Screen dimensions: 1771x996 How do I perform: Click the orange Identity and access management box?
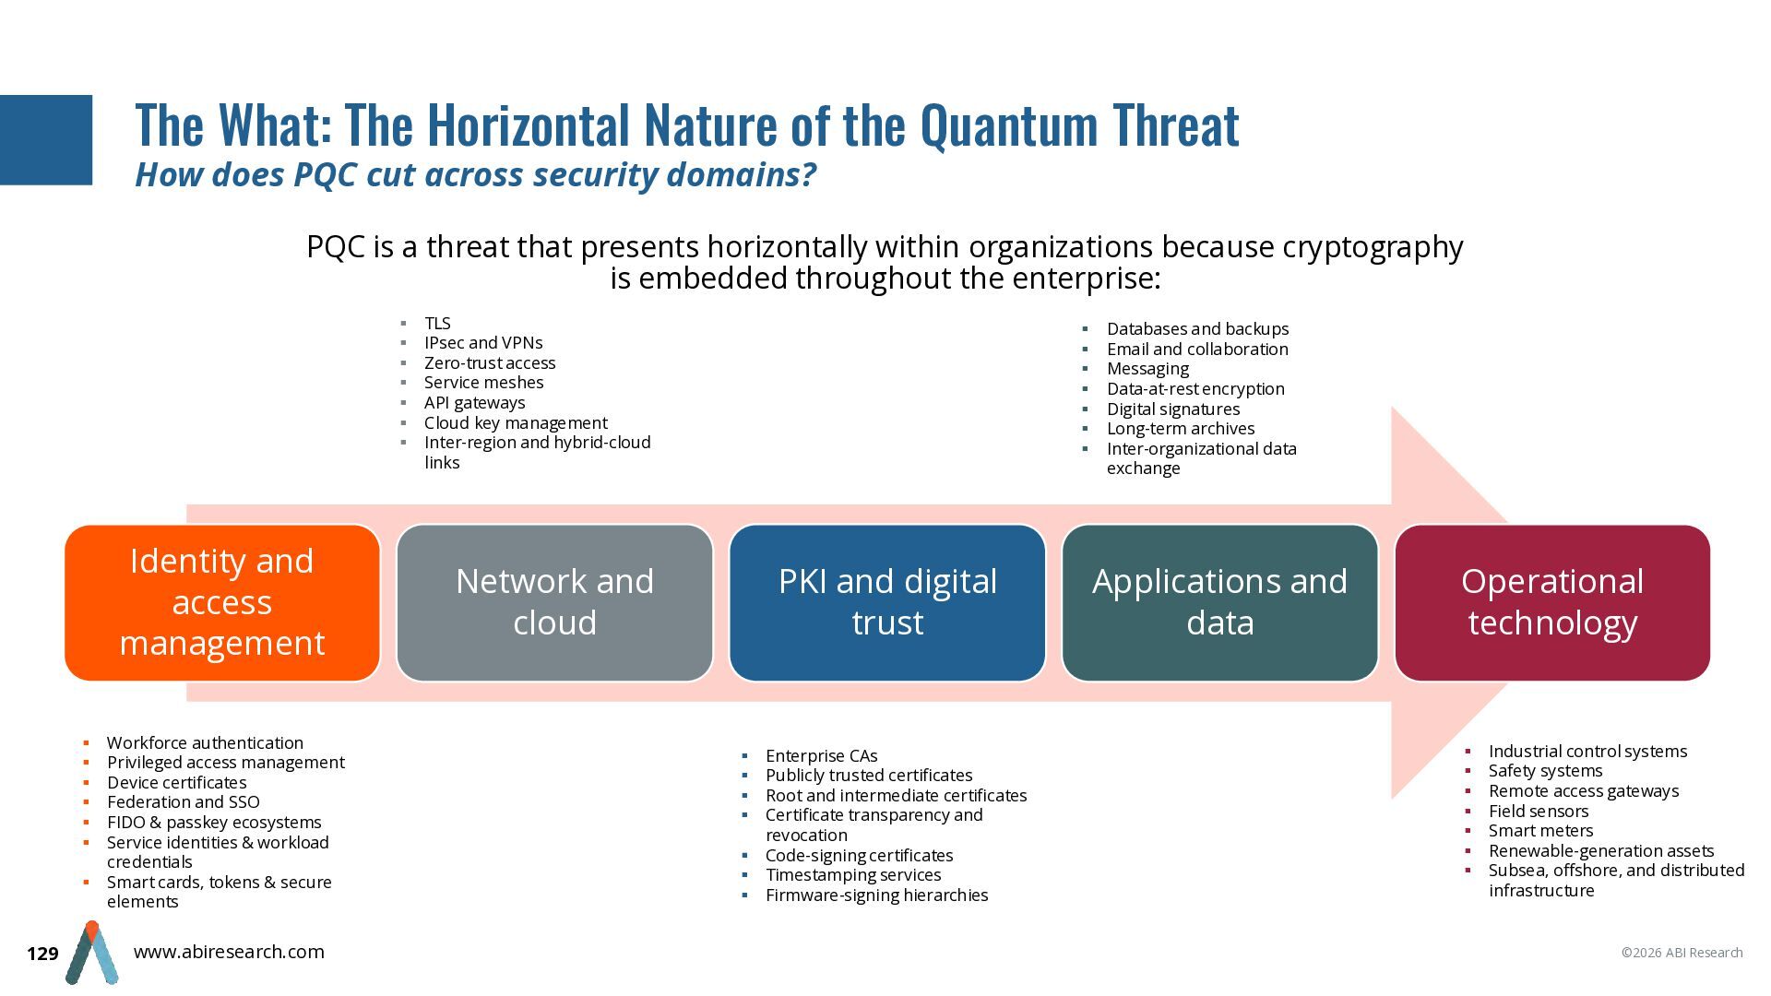(x=222, y=603)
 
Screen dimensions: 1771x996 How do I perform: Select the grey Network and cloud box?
(x=554, y=603)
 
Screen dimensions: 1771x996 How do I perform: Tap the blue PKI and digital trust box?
(x=887, y=603)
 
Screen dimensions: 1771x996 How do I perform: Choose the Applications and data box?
(x=1219, y=603)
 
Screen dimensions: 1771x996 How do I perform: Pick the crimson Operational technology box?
(x=1552, y=603)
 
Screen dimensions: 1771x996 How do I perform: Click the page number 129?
(x=42, y=954)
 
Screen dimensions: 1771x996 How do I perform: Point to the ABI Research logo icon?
(x=91, y=953)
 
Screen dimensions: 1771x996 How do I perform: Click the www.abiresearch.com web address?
(x=229, y=952)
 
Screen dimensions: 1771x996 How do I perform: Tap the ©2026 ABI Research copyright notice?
(x=1682, y=953)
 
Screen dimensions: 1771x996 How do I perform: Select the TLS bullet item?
(x=437, y=323)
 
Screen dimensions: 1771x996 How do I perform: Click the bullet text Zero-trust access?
(x=490, y=362)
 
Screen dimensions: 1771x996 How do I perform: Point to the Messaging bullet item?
(x=1147, y=369)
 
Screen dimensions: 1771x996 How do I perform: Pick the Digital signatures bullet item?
(x=1173, y=409)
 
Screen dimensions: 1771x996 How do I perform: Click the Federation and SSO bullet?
(x=184, y=802)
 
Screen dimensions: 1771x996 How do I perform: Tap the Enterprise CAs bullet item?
(x=822, y=756)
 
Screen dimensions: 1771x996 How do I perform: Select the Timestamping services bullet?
(x=853, y=875)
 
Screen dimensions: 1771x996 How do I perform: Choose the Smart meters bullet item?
(x=1540, y=831)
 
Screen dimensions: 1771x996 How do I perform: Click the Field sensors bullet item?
(x=1539, y=812)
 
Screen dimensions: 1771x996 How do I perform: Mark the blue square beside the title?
(x=46, y=140)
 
